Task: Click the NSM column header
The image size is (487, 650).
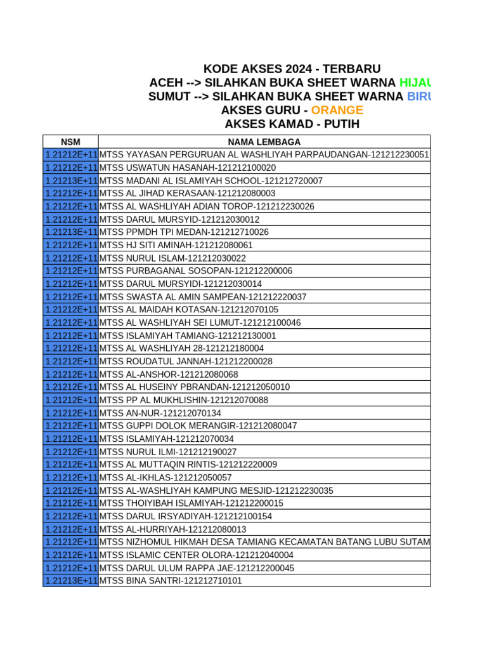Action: click(70, 142)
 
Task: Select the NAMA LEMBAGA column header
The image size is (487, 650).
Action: click(264, 142)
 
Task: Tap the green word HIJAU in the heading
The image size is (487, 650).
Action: click(415, 83)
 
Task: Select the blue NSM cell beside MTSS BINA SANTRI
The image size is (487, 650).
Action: click(70, 581)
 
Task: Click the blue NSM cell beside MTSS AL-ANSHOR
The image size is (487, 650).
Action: click(70, 374)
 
